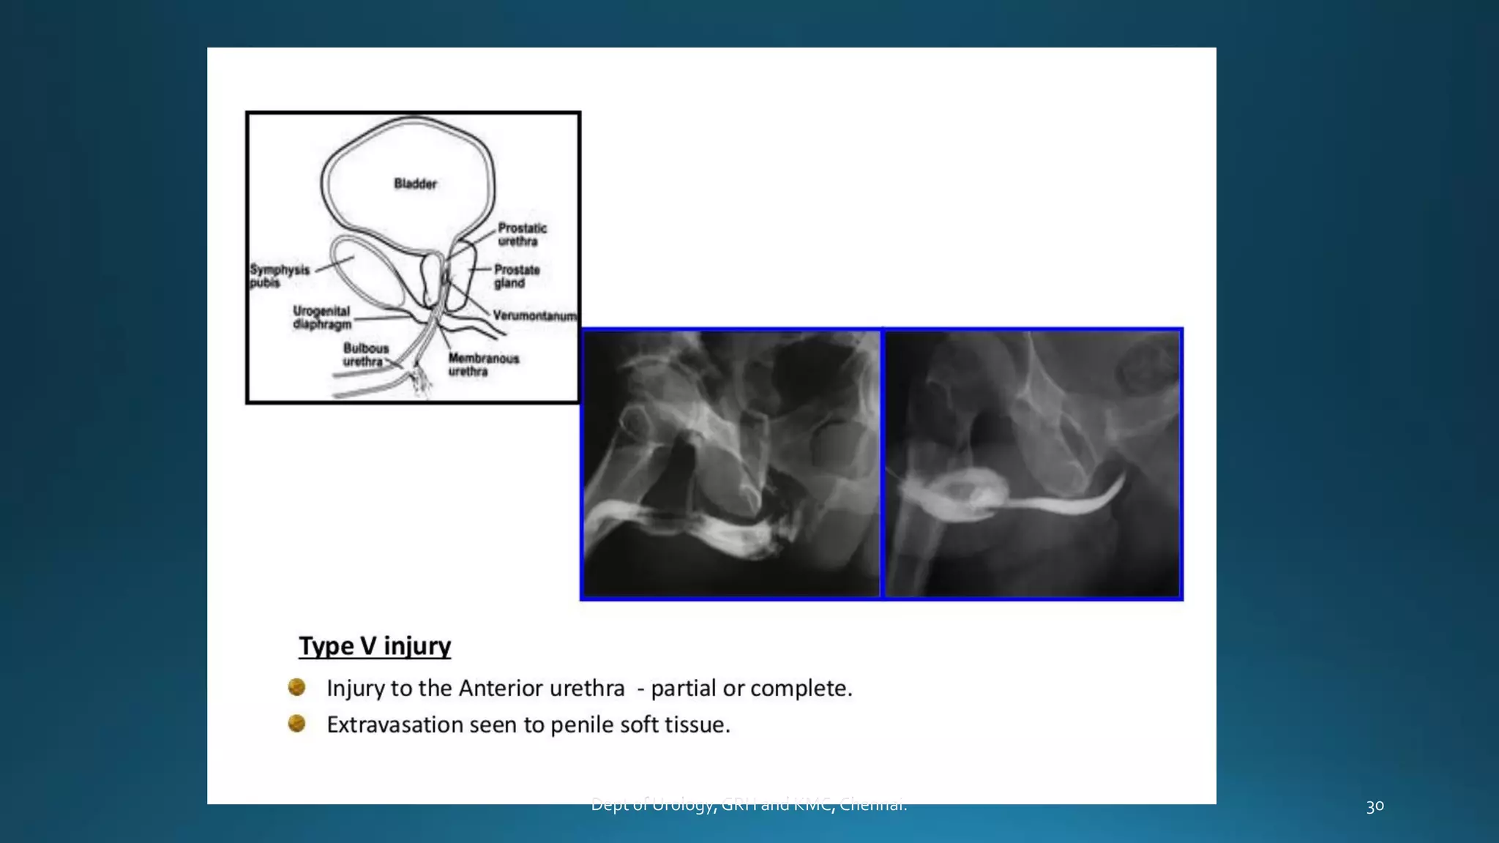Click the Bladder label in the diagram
[x=415, y=184]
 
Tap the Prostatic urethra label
[x=522, y=235]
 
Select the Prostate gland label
[x=517, y=277]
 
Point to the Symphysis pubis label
[x=279, y=276]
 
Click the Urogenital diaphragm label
[x=322, y=318]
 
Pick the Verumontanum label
[x=534, y=316]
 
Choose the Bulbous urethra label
[x=365, y=355]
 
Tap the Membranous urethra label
[x=483, y=364]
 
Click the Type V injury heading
[x=375, y=646]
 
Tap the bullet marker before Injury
[x=296, y=687]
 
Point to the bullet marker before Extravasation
[x=296, y=724]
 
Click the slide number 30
[x=1375, y=806]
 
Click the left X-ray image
[x=731, y=464]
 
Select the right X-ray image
[x=1032, y=464]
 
